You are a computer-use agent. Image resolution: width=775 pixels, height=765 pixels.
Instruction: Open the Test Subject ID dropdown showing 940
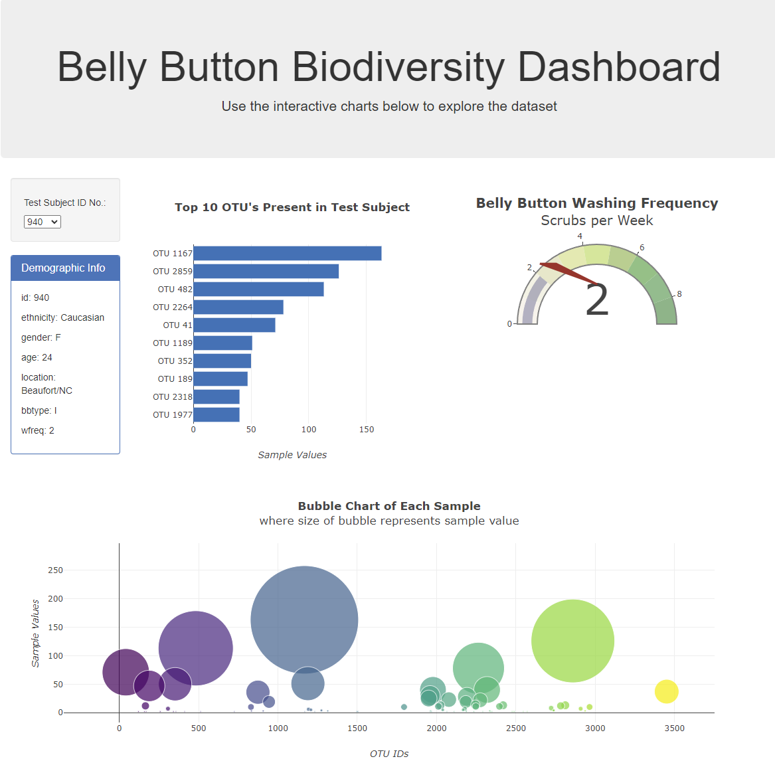click(42, 222)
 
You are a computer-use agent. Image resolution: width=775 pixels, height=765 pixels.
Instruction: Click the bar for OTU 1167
click(287, 254)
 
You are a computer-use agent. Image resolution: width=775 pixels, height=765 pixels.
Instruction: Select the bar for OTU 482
click(258, 290)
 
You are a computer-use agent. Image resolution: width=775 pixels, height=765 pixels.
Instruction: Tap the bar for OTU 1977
click(216, 415)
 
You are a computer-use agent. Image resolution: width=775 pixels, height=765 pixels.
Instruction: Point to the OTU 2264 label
click(172, 307)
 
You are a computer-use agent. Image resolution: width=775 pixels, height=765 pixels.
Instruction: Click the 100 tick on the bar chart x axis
click(309, 430)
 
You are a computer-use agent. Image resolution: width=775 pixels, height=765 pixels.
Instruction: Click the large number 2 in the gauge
click(596, 301)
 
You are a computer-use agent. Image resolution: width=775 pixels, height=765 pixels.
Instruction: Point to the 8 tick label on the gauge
click(679, 294)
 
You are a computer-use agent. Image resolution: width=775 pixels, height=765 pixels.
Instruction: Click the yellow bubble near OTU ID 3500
click(666, 691)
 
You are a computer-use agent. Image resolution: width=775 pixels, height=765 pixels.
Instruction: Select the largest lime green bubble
click(572, 641)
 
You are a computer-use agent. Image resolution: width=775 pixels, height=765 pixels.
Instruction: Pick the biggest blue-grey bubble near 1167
click(304, 620)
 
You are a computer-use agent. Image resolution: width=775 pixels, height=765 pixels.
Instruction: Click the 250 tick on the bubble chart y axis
click(55, 570)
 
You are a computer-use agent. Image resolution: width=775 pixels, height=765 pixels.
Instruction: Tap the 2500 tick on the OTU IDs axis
click(516, 728)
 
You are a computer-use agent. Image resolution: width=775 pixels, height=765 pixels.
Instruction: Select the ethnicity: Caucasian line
click(62, 318)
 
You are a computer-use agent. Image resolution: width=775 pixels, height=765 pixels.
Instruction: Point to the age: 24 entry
click(37, 358)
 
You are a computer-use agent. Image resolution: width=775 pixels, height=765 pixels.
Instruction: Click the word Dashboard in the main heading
click(618, 67)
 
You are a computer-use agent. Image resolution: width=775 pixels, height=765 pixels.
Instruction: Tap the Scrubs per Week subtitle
click(596, 220)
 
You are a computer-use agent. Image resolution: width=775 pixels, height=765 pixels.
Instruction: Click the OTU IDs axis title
click(389, 754)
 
